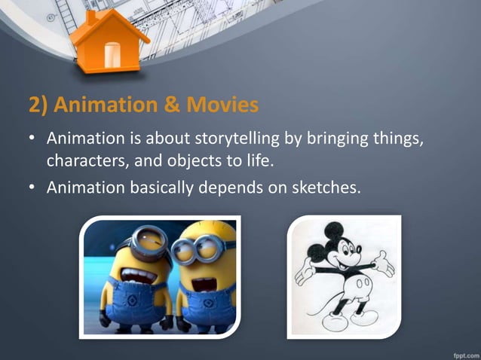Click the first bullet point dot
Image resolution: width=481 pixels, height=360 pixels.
click(x=32, y=140)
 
